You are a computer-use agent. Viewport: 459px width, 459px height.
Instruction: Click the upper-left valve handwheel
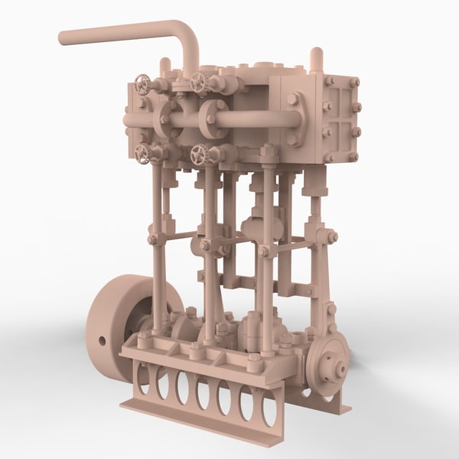tap(142, 83)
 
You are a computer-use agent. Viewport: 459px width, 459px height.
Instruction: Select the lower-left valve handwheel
tap(143, 153)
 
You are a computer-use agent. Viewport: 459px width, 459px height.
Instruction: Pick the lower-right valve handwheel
tap(200, 155)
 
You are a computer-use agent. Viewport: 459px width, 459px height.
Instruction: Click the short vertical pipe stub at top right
tap(316, 60)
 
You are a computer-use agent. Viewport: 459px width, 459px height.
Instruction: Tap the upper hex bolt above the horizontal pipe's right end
tap(293, 99)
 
